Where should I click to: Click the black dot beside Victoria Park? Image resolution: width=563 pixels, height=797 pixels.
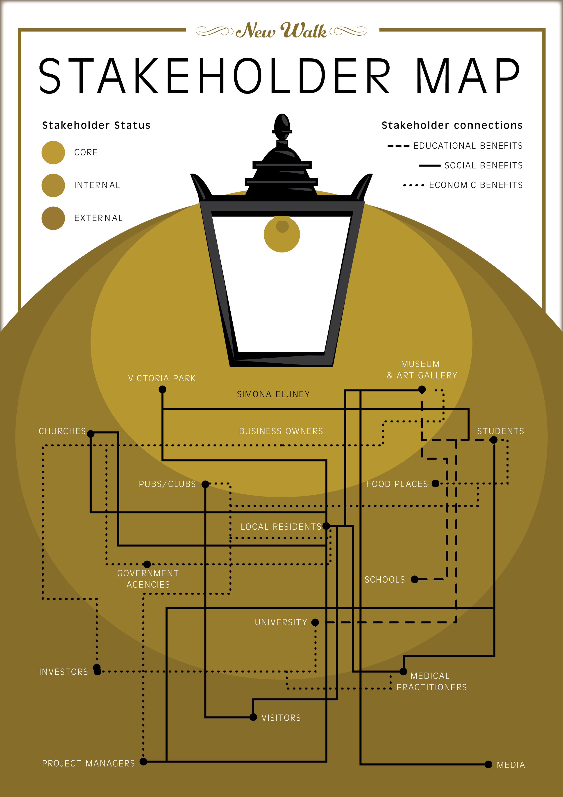click(x=162, y=389)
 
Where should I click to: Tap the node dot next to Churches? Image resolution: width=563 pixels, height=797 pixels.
click(x=91, y=434)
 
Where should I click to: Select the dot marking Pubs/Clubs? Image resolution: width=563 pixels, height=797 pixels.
click(x=205, y=484)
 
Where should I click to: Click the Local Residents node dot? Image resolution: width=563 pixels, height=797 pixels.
click(x=326, y=526)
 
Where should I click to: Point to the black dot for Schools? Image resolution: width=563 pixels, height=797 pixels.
click(x=415, y=579)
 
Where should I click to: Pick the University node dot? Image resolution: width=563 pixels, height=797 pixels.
click(x=315, y=622)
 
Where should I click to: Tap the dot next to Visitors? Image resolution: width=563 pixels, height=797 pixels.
click(x=253, y=717)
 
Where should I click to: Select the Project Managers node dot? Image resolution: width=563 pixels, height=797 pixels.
click(x=143, y=762)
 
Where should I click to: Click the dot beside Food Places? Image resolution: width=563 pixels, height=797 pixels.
click(x=435, y=483)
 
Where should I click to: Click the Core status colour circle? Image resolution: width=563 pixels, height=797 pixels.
click(x=53, y=152)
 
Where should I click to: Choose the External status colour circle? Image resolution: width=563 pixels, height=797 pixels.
click(x=53, y=218)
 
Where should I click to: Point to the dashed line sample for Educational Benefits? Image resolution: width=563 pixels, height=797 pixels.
click(x=398, y=146)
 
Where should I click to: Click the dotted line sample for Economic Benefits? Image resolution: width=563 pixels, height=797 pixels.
click(x=413, y=185)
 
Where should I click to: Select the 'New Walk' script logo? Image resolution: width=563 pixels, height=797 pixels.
click(x=281, y=31)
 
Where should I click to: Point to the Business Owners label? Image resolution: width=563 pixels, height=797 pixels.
click(x=281, y=431)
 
